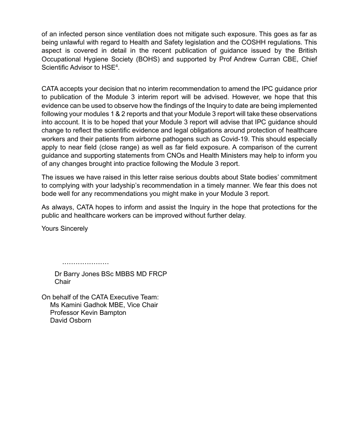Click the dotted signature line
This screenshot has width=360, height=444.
pos(86,263)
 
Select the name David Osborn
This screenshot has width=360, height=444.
pos(71,320)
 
